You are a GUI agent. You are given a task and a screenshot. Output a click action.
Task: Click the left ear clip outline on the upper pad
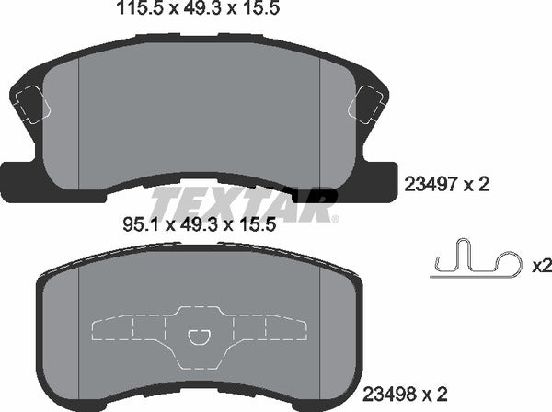[x=29, y=101]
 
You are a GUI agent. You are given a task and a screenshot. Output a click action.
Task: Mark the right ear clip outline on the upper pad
[x=370, y=101]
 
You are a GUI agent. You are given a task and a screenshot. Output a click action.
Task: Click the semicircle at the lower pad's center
[x=199, y=338]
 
